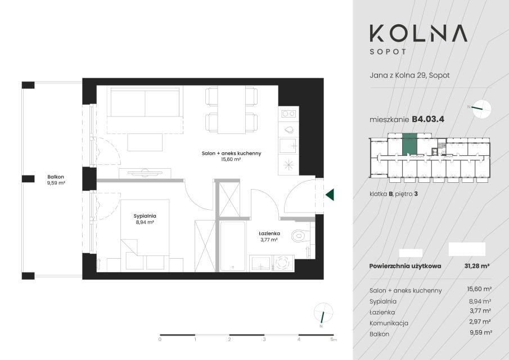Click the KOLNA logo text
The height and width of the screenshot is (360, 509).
click(418, 33)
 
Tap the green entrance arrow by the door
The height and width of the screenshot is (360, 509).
click(330, 195)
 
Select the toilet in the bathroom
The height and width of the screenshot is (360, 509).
click(301, 236)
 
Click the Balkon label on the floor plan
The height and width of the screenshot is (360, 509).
click(56, 177)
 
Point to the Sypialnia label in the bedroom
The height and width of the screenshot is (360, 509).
click(145, 216)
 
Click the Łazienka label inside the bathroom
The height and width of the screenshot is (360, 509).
click(269, 233)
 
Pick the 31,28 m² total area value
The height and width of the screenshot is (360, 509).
click(477, 266)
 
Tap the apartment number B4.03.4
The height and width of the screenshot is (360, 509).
click(428, 119)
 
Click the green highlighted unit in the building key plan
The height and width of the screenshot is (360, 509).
click(409, 145)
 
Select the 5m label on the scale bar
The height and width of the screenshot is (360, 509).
click(334, 340)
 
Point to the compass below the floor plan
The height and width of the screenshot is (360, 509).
click(323, 312)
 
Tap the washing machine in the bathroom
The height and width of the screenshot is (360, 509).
click(283, 262)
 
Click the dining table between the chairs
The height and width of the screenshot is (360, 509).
click(232, 110)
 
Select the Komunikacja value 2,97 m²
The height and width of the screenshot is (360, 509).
click(480, 322)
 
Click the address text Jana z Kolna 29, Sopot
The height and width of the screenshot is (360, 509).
click(409, 75)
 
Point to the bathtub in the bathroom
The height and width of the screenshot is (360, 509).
click(233, 246)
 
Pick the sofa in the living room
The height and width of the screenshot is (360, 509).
click(145, 107)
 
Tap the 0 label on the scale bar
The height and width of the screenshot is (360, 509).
click(160, 340)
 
